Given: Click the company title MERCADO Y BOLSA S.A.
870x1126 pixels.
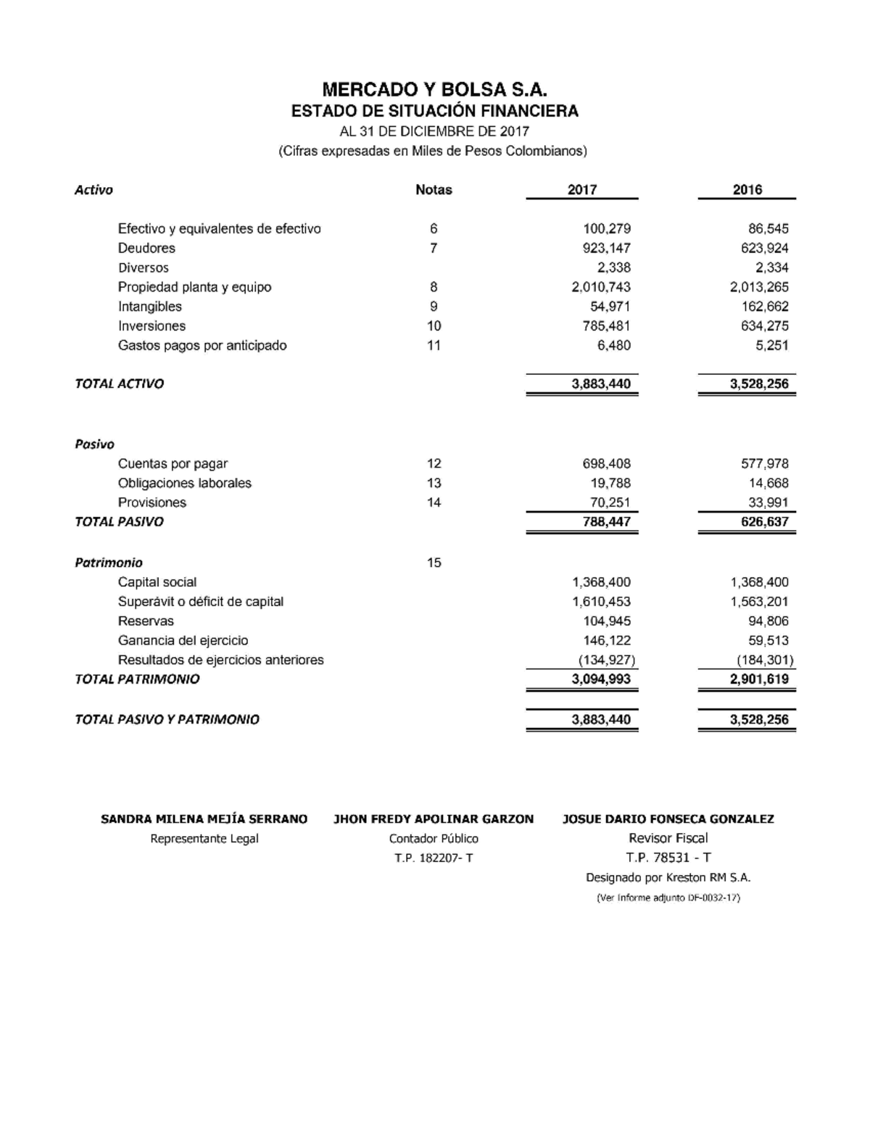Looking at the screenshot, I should coord(434,90).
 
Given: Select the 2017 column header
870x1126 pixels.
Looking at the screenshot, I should coord(582,190).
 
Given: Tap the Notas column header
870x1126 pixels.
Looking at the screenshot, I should coord(434,190).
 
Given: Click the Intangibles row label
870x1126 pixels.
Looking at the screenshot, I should coord(150,307).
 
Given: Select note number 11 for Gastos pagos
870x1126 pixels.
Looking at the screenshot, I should coord(434,346).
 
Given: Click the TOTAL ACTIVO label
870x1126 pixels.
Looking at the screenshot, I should coord(119,384).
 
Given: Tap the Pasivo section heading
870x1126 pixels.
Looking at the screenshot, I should coord(94,444).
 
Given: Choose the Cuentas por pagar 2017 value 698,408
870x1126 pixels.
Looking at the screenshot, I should coord(606,464).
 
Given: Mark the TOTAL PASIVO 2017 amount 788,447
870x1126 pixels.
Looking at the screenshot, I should coord(606,522).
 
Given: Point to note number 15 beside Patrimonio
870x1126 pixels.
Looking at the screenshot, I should coord(434,563).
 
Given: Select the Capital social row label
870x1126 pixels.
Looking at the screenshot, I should coord(157,582).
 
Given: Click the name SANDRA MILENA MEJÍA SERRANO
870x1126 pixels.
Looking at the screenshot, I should coord(204,819).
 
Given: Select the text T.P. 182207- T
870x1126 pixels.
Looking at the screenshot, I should coord(434,858).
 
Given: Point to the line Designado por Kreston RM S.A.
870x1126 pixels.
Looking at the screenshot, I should coord(668,878).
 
